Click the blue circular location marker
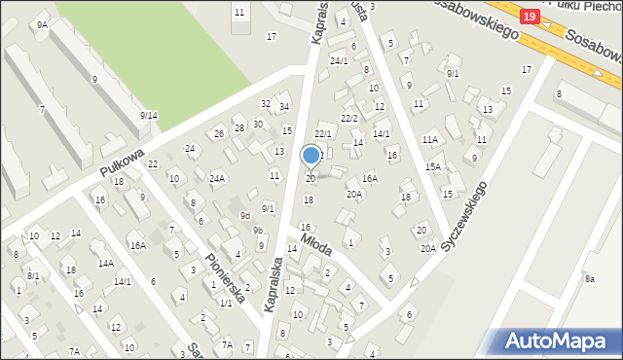(311, 155)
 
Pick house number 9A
(42, 24)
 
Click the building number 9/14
(148, 116)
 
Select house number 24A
(216, 178)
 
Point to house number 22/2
(348, 118)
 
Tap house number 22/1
(323, 133)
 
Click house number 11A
(430, 140)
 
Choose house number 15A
(432, 166)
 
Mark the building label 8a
(589, 279)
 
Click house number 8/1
(33, 275)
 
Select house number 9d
(245, 215)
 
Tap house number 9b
(258, 230)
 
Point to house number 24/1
(339, 61)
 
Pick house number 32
(265, 103)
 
